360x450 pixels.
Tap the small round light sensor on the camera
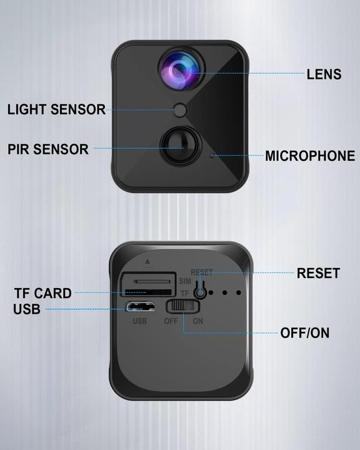pyautogui.click(x=181, y=111)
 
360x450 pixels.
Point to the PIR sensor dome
pyautogui.click(x=179, y=147)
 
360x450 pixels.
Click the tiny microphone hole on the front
pyautogui.click(x=212, y=154)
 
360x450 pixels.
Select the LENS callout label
pyautogui.click(x=324, y=74)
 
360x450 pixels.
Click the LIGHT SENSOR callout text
pyautogui.click(x=56, y=110)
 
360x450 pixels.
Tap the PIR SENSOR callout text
pyautogui.click(x=48, y=149)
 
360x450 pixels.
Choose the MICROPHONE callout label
pyautogui.click(x=310, y=156)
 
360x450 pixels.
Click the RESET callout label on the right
pyautogui.click(x=318, y=273)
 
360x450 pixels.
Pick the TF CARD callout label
pyautogui.click(x=42, y=293)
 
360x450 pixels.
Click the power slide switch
pyautogui.click(x=182, y=306)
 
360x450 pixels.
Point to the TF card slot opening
pyautogui.click(x=150, y=292)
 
